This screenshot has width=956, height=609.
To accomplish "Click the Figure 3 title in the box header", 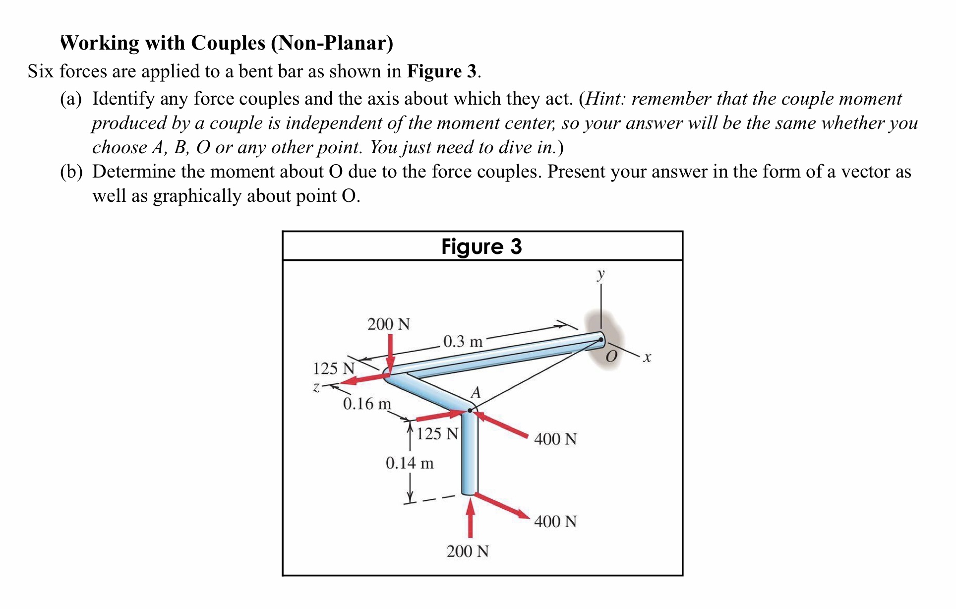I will point(481,246).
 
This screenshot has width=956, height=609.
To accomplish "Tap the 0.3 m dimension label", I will point(463,341).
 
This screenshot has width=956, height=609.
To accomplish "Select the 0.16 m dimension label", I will point(367,404).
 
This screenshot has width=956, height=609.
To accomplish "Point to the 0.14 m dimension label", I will point(410,463).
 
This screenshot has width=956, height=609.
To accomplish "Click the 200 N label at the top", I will point(389,324).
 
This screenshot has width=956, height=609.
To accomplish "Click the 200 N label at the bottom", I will point(468,551).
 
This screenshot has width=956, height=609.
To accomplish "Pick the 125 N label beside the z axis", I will point(334,368).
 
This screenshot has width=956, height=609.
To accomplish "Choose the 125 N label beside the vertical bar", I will point(437,434).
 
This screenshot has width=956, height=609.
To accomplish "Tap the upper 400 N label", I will point(555,439).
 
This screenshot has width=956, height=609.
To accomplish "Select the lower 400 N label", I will point(555,521).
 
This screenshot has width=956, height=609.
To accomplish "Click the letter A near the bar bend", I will point(476,393).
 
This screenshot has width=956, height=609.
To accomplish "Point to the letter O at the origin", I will point(612,357).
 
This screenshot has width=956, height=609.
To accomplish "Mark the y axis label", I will point(601,274).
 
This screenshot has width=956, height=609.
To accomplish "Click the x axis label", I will point(647,357).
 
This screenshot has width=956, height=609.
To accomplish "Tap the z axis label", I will point(316,387).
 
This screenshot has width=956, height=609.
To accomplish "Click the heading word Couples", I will point(229,43).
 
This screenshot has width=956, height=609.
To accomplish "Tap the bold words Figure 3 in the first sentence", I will point(442,71).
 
